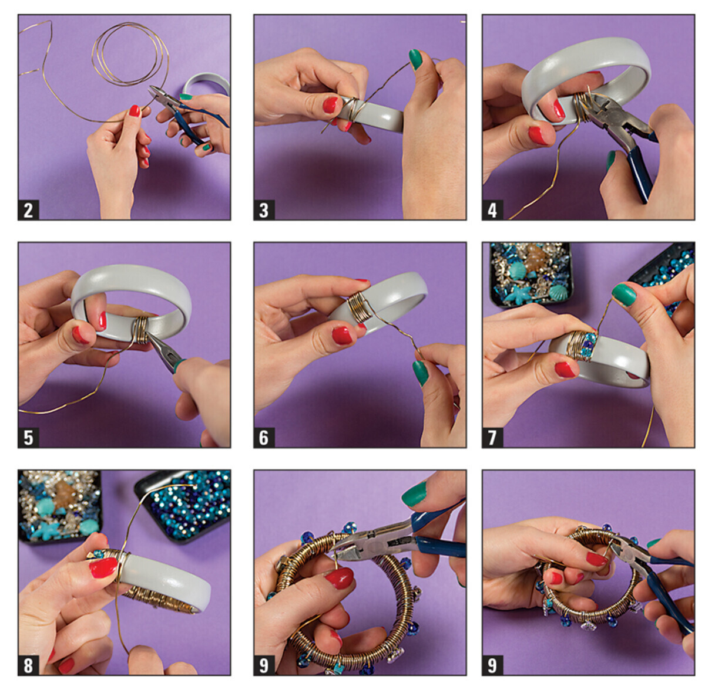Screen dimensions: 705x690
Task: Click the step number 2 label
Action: [x=28, y=210]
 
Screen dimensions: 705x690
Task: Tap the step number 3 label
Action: [x=264, y=210]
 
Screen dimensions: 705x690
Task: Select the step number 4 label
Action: [x=492, y=210]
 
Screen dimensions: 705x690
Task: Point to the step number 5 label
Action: [x=28, y=438]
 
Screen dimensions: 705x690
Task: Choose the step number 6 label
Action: [x=264, y=438]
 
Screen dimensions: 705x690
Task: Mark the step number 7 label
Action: [x=492, y=438]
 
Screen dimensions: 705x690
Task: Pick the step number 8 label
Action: [x=28, y=665]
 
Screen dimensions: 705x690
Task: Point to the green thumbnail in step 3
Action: [x=416, y=59]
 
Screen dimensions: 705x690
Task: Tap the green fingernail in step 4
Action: [x=610, y=161]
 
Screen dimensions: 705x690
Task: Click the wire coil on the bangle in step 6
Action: [x=358, y=307]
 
